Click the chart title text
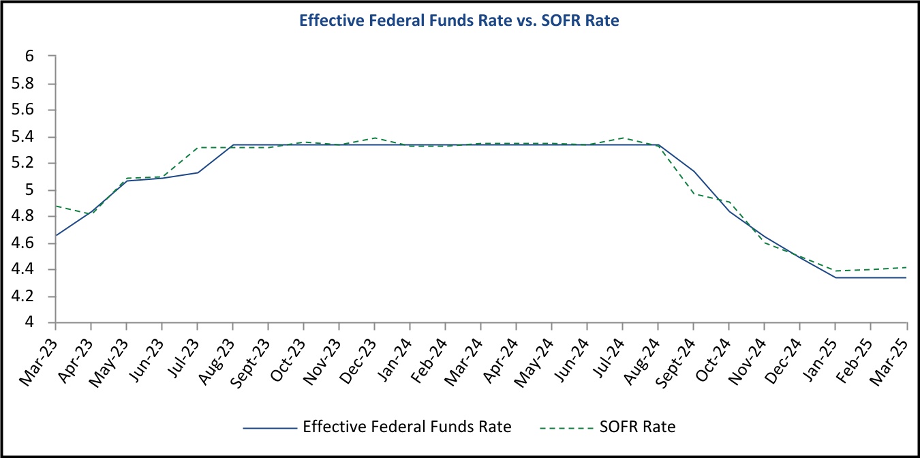pos(459,21)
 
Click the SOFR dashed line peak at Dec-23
pos(375,138)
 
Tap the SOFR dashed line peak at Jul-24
pos(623,138)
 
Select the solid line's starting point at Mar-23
pos(55,236)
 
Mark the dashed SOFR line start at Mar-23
pos(55,206)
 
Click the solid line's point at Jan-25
pos(835,277)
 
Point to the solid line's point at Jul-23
pos(198,172)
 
